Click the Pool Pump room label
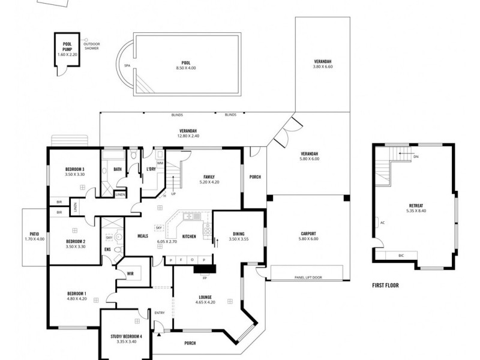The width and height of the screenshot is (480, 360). coord(67,46)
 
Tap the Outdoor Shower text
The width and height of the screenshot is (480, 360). coord(91,46)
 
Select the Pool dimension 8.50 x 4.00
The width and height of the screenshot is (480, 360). coord(186,68)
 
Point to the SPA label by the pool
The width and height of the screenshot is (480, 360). coord(127,65)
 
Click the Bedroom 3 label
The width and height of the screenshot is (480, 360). coord(74,169)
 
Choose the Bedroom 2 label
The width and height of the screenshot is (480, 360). coord(74,242)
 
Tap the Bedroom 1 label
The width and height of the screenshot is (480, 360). coord(77,293)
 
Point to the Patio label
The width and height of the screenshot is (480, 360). coord(34,234)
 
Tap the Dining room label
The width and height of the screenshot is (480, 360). coord(239,234)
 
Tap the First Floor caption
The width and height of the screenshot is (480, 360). coord(385,286)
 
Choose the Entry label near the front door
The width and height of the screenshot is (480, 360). coord(160,313)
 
